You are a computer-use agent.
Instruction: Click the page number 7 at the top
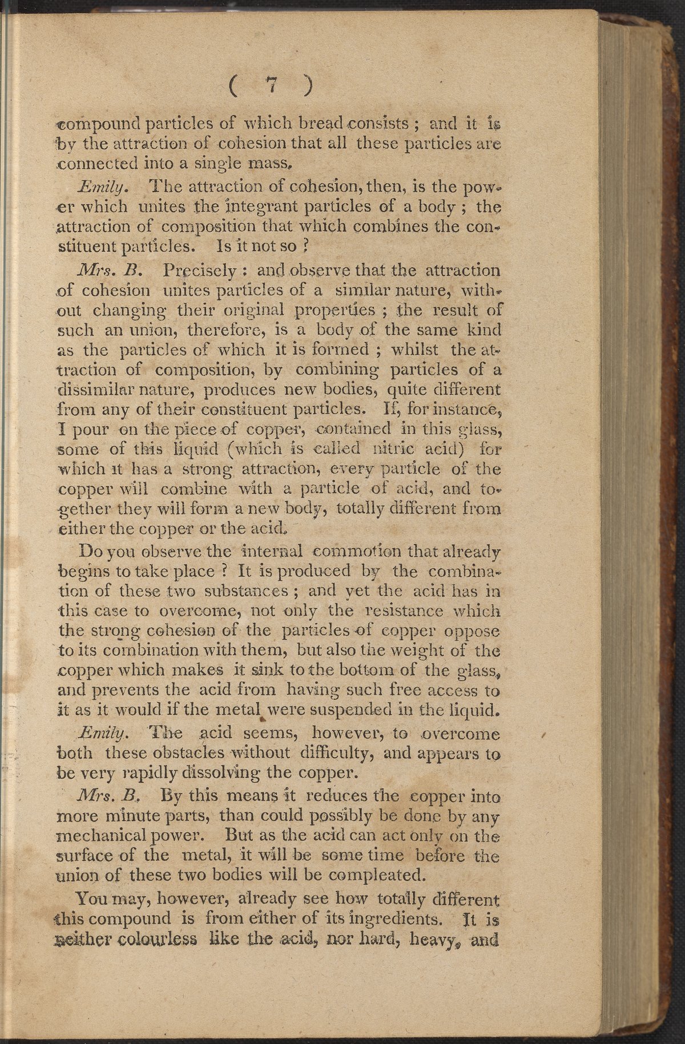click(272, 85)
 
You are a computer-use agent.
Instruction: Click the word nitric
click(389, 448)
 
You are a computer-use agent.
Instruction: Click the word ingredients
click(389, 919)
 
